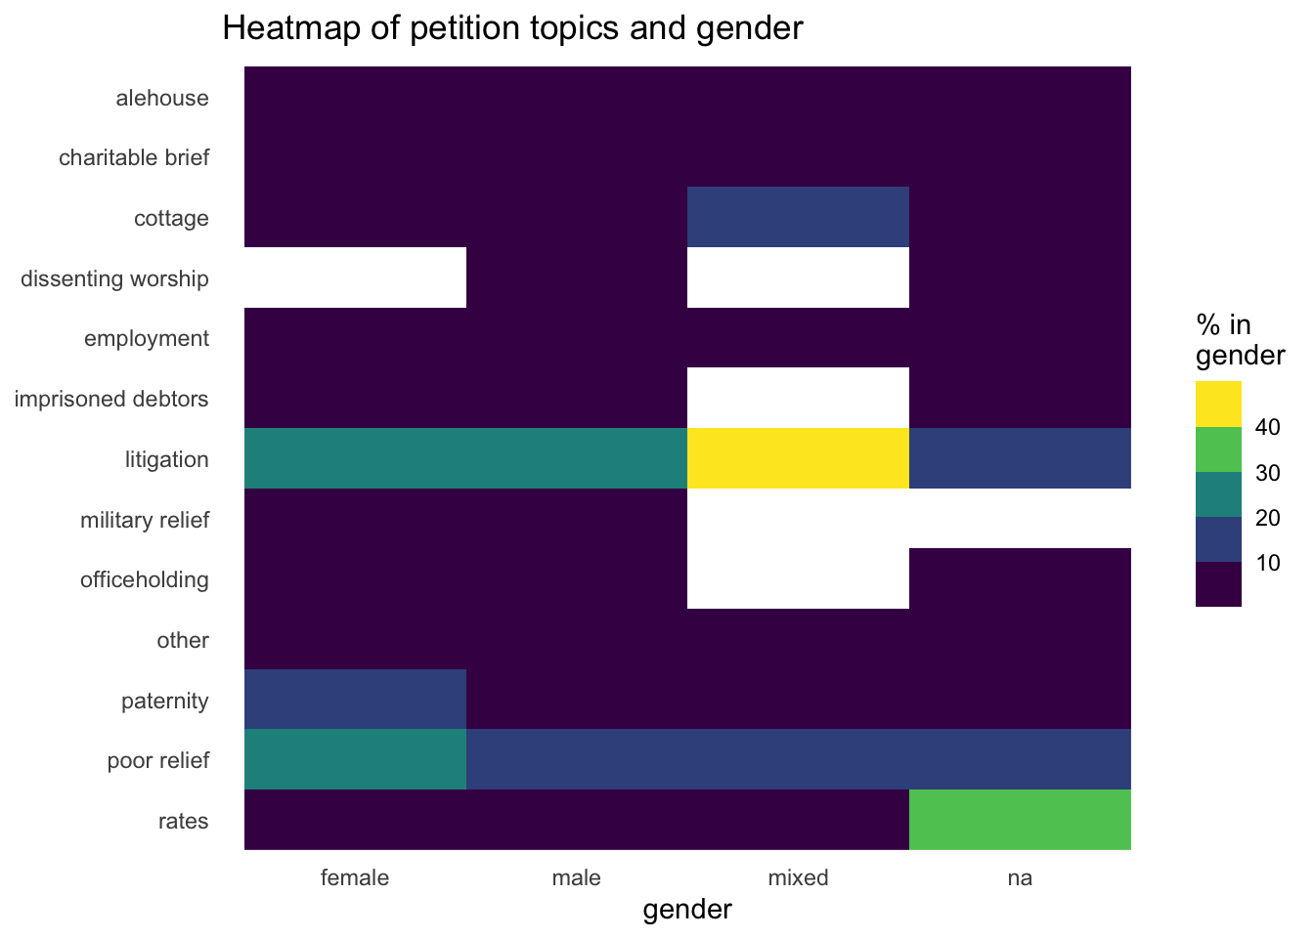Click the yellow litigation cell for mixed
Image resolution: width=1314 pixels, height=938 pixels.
[x=798, y=458]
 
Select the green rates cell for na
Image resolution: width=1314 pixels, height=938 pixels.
[x=1020, y=820]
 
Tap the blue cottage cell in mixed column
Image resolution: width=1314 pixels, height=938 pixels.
[x=798, y=217]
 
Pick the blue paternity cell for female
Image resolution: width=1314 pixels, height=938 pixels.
[x=355, y=700]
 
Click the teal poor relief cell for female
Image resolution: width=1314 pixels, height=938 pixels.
[x=355, y=759]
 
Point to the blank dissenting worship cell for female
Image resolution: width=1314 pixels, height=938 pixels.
[x=355, y=277]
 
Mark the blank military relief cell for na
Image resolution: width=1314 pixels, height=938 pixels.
[x=1020, y=519]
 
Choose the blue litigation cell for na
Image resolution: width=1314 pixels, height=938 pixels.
[x=1020, y=458]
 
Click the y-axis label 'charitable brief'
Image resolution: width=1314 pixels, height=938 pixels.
[x=134, y=158]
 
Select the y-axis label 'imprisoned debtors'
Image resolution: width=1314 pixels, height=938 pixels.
[x=111, y=399]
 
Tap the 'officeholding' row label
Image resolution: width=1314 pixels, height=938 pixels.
[x=145, y=579]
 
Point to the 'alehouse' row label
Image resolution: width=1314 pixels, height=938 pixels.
[x=162, y=98]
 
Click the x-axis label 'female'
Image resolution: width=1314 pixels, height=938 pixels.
[x=355, y=877]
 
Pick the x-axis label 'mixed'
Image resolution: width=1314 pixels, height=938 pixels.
[x=798, y=877]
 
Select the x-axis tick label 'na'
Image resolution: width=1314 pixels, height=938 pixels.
[x=1020, y=877]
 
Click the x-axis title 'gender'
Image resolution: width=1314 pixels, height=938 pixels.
[x=687, y=911]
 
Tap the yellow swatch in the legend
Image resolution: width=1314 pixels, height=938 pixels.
[x=1218, y=404]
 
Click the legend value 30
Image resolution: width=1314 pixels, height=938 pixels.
[x=1268, y=473]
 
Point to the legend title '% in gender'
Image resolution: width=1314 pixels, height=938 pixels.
[x=1239, y=340]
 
